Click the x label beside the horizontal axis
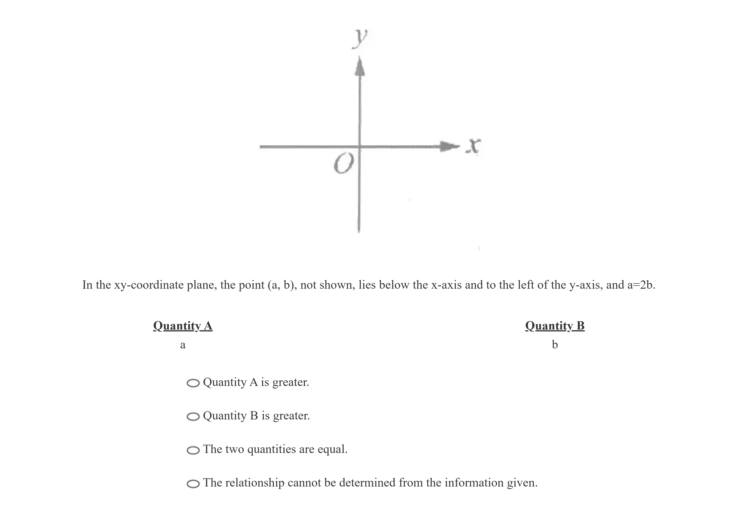[473, 146]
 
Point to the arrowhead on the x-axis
[449, 146]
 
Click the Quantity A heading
[182, 326]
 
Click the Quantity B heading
[555, 326]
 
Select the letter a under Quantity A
[182, 345]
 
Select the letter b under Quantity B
[555, 345]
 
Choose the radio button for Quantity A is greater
[193, 383]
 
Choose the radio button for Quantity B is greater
[193, 416]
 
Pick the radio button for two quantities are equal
[193, 450]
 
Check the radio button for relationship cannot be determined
[193, 483]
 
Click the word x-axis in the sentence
[446, 285]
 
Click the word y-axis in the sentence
[586, 285]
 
